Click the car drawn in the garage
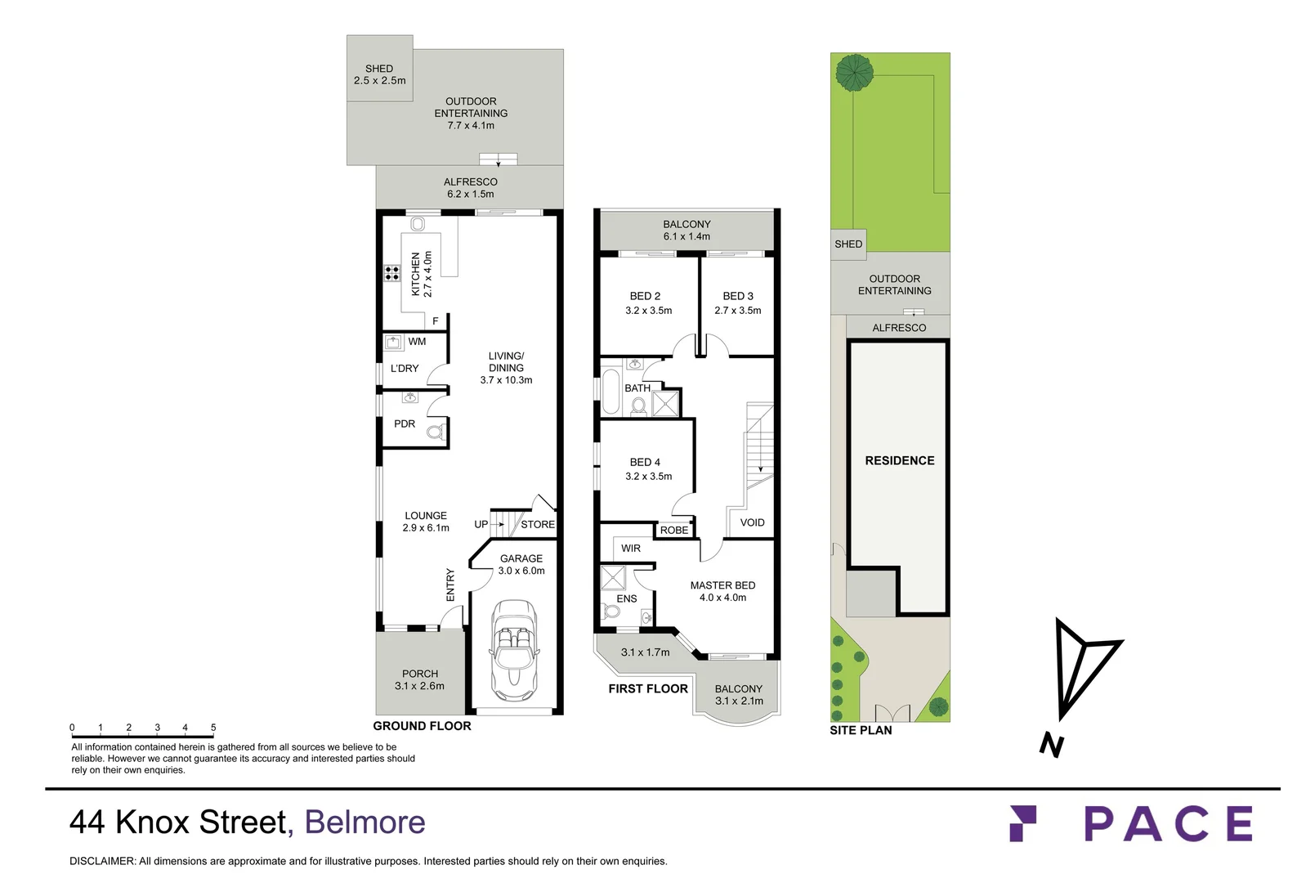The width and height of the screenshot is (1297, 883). click(513, 646)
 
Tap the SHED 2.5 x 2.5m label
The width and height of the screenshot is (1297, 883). click(379, 74)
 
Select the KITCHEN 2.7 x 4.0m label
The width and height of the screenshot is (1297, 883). click(421, 274)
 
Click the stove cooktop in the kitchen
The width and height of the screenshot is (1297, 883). click(392, 273)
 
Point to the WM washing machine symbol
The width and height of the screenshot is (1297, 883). click(394, 342)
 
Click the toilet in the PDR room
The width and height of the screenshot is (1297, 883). click(436, 431)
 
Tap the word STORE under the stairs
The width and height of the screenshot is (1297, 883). click(538, 525)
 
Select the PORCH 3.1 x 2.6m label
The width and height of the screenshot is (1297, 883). click(419, 679)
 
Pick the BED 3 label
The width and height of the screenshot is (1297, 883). click(737, 303)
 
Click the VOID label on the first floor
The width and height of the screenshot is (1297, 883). click(752, 522)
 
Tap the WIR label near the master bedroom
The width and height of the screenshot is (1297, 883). click(631, 549)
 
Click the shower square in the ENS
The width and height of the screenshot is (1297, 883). click(612, 578)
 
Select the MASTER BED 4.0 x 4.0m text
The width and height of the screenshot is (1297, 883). click(722, 591)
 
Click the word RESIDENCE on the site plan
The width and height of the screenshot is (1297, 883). click(899, 461)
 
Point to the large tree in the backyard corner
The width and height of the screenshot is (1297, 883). click(854, 72)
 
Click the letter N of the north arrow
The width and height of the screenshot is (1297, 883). click(1052, 745)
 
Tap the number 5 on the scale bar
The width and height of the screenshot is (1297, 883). click(213, 728)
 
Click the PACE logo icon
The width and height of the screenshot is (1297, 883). click(1022, 822)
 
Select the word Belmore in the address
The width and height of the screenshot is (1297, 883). click(365, 822)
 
